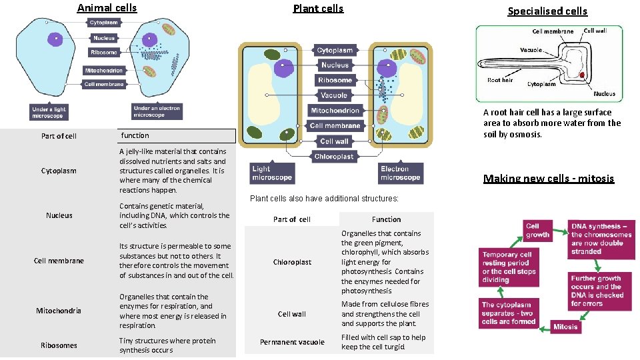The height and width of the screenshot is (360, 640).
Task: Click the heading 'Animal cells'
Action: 107,8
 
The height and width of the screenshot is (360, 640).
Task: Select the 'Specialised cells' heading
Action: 547,11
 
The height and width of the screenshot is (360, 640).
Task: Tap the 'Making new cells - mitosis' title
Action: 549,178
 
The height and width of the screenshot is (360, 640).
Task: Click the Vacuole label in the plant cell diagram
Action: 335,95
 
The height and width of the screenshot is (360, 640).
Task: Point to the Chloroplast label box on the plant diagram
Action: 335,157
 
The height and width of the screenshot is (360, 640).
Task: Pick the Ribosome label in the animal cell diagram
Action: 105,53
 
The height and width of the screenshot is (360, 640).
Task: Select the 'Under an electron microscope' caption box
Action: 157,112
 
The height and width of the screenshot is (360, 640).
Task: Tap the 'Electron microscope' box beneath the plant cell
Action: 401,173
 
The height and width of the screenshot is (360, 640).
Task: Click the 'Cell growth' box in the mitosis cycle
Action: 537,230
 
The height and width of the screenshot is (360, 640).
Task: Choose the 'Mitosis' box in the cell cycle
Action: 565,327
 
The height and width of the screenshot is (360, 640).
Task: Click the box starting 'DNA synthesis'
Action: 601,239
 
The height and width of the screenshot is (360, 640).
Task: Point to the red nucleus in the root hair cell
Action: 582,76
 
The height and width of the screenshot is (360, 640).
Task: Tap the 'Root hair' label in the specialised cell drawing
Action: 500,80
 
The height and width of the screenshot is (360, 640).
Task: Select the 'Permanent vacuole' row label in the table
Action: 292,342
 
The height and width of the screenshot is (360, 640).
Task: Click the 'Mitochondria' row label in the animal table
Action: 59,311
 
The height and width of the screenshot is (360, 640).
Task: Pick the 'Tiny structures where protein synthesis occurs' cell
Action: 167,345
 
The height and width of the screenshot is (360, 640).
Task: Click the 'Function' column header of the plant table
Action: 386,219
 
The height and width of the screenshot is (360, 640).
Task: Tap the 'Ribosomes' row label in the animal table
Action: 59,345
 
